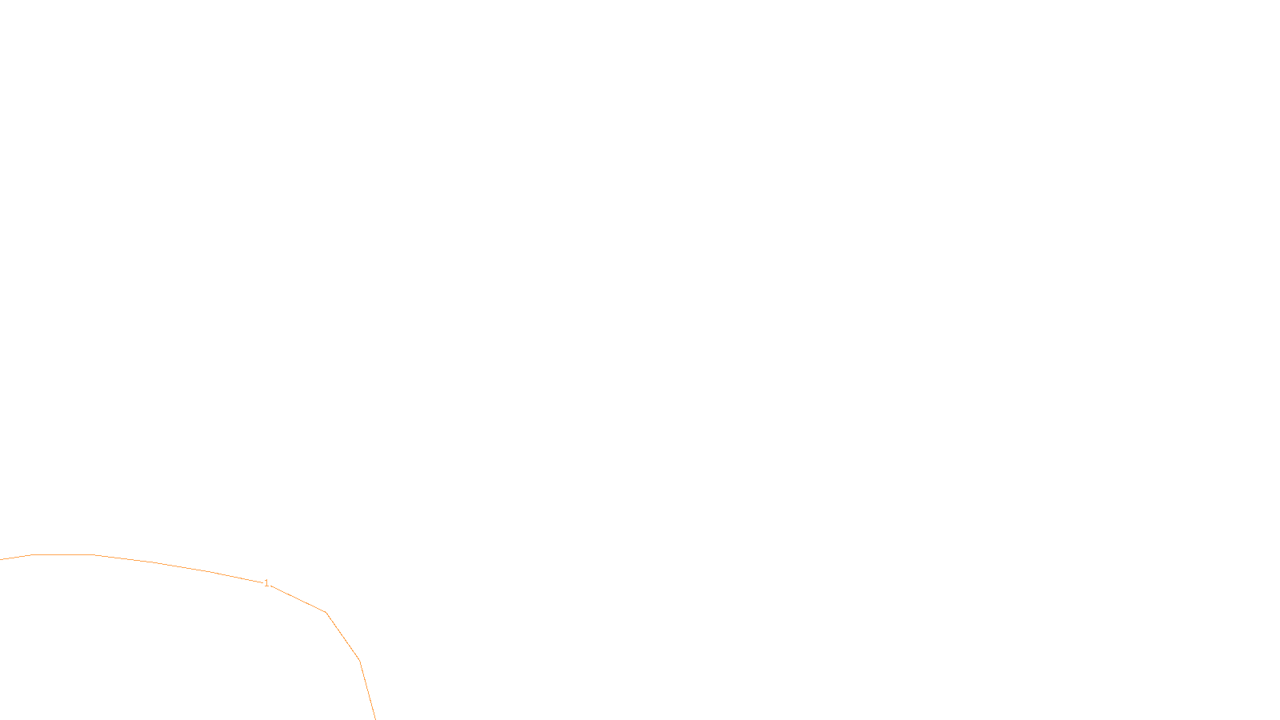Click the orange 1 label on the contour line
pos(266,583)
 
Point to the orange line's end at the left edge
pos(2,559)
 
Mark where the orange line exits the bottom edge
pos(374,718)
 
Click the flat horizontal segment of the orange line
pos(62,554)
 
